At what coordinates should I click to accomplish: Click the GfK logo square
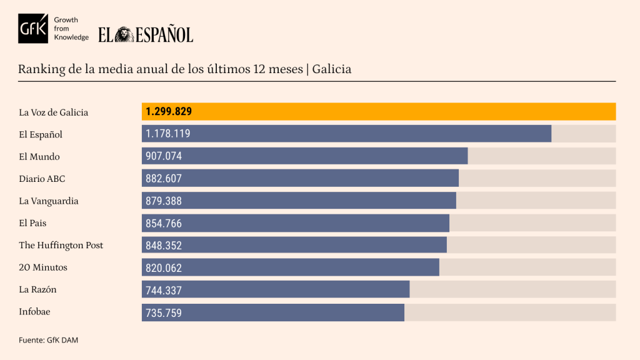(33, 29)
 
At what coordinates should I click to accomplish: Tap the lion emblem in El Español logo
(124, 34)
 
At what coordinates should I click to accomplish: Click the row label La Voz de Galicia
(53, 112)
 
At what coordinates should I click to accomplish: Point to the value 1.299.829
(169, 112)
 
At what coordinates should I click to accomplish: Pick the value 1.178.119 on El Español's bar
(168, 134)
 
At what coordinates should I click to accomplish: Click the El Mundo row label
(39, 157)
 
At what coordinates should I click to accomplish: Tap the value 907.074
(164, 156)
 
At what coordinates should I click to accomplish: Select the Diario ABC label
(42, 179)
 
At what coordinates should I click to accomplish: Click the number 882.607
(164, 178)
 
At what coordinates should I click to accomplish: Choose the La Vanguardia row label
(49, 201)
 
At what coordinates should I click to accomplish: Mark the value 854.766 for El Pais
(164, 223)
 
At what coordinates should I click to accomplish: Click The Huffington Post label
(61, 246)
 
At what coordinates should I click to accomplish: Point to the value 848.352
(164, 245)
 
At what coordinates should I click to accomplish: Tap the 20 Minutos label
(43, 267)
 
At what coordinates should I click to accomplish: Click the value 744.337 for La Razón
(164, 290)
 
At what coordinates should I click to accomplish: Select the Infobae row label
(36, 312)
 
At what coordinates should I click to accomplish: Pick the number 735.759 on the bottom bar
(164, 312)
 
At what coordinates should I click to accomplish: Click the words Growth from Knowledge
(72, 29)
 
